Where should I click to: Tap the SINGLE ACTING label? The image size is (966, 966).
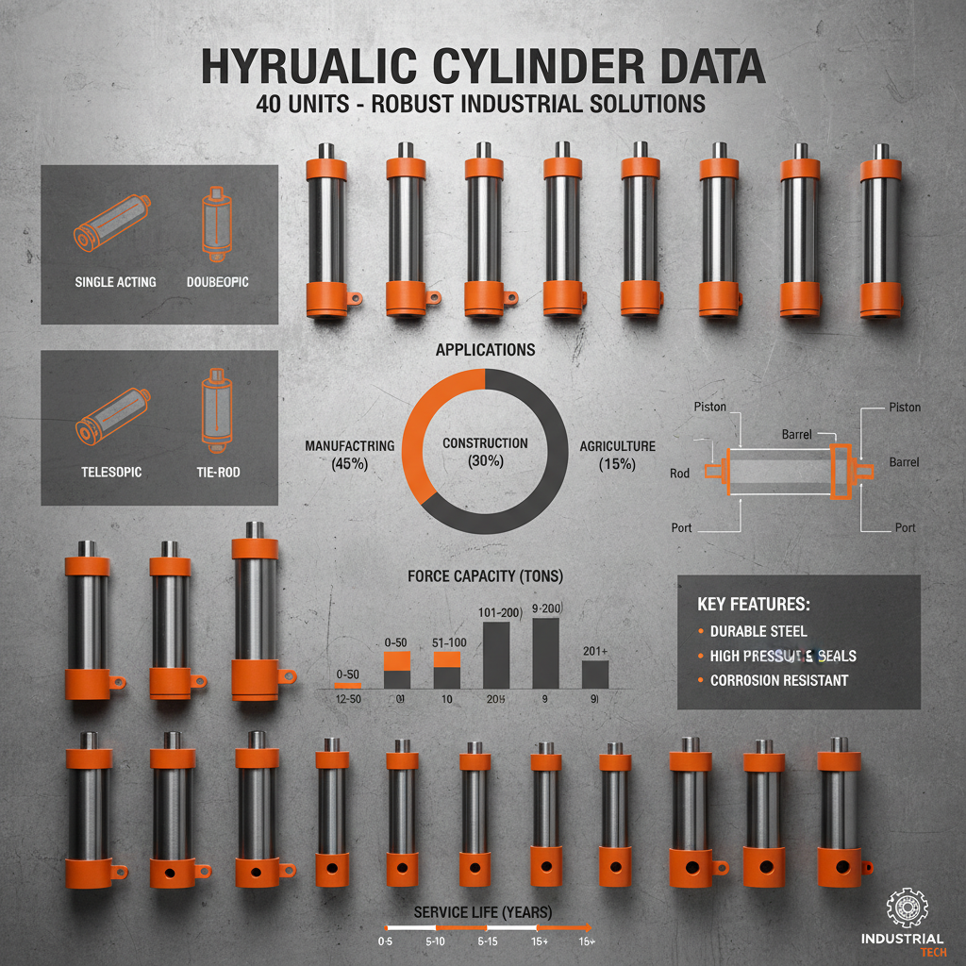(x=115, y=282)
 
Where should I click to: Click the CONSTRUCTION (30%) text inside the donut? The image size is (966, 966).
(x=485, y=452)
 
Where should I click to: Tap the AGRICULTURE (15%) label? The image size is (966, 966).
(x=617, y=455)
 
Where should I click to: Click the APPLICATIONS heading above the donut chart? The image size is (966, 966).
(x=485, y=350)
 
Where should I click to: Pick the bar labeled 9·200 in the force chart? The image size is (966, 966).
(x=546, y=653)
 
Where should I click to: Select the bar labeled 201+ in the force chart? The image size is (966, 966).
(x=594, y=674)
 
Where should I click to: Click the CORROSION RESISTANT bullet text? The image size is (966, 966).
(x=778, y=680)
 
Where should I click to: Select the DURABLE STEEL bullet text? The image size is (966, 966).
(x=758, y=631)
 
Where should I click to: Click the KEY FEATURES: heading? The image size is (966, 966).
(x=753, y=604)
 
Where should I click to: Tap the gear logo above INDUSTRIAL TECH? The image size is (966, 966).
(x=908, y=908)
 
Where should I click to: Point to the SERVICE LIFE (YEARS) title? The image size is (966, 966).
(x=483, y=912)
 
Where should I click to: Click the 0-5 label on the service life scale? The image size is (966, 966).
(x=385, y=941)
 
